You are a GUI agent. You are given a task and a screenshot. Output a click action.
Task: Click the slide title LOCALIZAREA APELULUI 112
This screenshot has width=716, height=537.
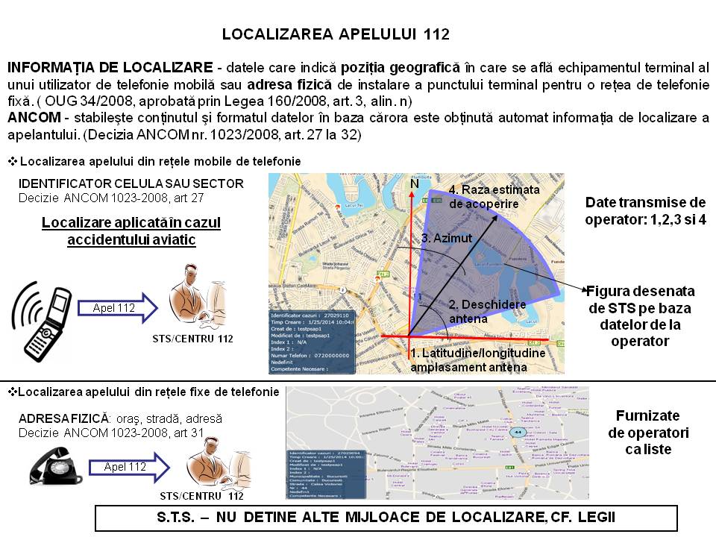(x=335, y=34)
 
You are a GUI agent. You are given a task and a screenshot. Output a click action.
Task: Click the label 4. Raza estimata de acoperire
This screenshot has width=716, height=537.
(x=493, y=196)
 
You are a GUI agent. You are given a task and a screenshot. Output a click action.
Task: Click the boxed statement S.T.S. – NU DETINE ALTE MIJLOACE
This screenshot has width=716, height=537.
(x=386, y=517)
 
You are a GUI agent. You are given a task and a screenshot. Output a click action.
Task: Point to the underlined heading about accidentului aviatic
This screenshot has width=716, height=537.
(x=131, y=231)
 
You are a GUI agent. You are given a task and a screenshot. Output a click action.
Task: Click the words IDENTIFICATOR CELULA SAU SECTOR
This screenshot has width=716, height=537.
(x=131, y=183)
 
